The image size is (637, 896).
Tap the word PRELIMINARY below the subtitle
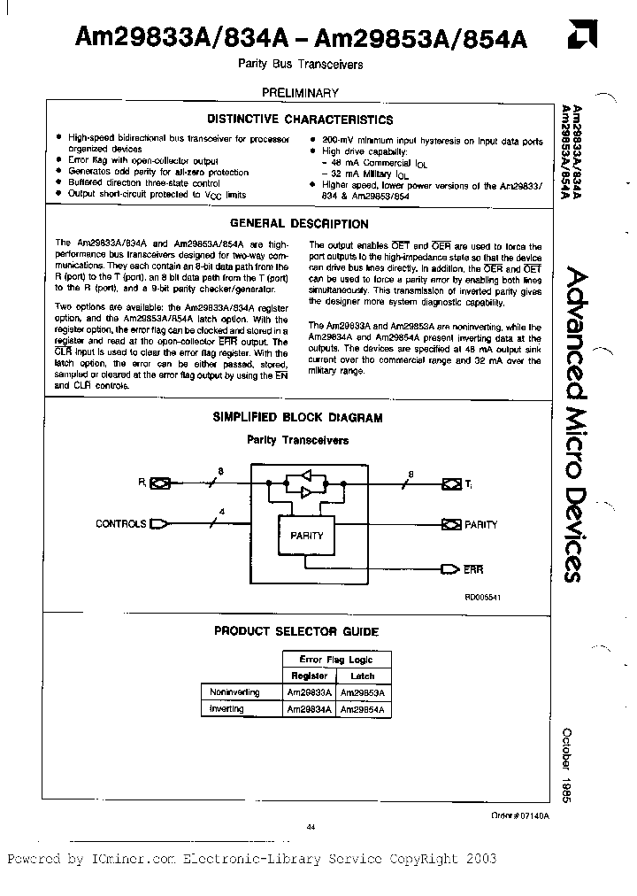[x=299, y=92]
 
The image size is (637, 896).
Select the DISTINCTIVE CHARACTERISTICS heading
[x=300, y=120]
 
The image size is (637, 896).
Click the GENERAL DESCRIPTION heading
[x=299, y=224]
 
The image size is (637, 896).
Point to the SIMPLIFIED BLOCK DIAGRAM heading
[x=298, y=417]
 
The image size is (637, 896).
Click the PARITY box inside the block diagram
[x=306, y=536]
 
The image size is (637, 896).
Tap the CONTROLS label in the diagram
[x=120, y=523]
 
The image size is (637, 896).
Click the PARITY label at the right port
[x=480, y=524]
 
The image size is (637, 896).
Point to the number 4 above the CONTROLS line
[x=220, y=511]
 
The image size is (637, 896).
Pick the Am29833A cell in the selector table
[x=309, y=692]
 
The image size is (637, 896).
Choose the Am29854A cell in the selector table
[x=365, y=709]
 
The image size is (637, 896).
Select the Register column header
[x=310, y=676]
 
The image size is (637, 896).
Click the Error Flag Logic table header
[x=337, y=659]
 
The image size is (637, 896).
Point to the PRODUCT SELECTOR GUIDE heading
[x=296, y=631]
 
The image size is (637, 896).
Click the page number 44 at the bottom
[x=311, y=827]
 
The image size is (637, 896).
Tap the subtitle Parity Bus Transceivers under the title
[x=301, y=65]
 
